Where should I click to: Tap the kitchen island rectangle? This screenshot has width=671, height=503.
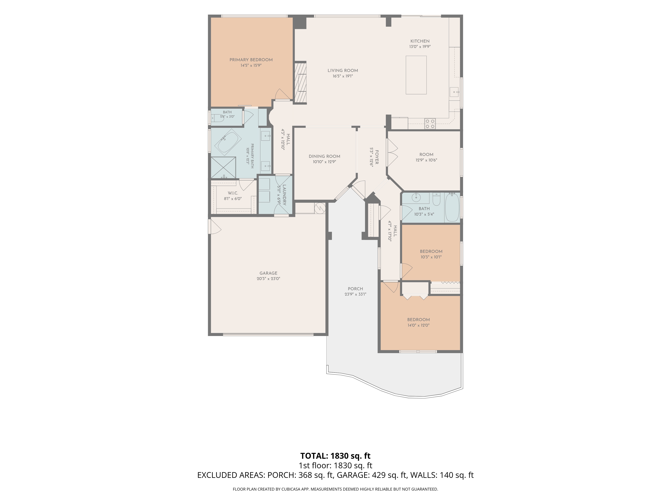coord(416,75)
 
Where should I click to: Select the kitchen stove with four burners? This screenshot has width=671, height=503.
coord(430,123)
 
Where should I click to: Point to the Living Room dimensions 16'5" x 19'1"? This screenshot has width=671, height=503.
coord(343,76)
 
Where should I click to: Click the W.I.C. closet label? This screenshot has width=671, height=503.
coord(233,193)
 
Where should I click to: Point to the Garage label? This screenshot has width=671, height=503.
coord(268,273)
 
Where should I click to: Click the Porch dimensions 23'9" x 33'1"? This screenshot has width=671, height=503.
coord(355,294)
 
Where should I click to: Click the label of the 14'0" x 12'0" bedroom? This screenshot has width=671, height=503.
coord(419,320)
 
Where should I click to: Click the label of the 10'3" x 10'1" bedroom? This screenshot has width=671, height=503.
coord(431,251)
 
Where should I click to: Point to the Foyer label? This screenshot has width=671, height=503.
coord(377,157)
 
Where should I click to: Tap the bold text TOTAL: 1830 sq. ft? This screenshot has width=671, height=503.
coord(335,456)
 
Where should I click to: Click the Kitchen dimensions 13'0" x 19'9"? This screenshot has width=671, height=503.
coord(420,47)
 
